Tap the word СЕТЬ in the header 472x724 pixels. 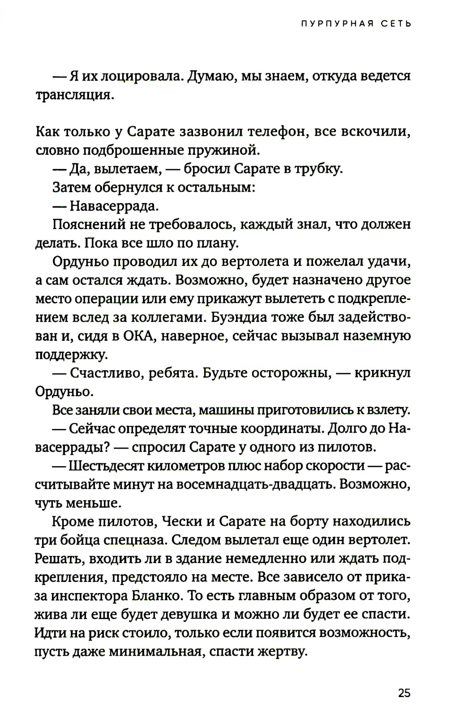[396, 24]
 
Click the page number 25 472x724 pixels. [404, 693]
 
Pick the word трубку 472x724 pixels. [319, 169]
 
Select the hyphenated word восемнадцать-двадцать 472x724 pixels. [262, 485]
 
